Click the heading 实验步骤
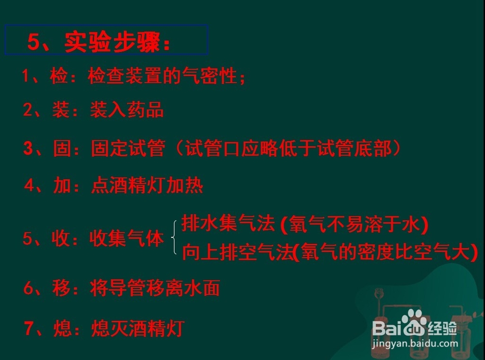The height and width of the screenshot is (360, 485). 113,42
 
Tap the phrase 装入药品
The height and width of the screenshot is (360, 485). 127,110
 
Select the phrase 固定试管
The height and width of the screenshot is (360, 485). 128,148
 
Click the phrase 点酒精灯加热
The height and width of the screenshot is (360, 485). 147,185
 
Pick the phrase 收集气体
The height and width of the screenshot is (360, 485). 127,238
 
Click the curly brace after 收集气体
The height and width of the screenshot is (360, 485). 174,237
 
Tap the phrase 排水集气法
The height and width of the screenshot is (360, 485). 228,223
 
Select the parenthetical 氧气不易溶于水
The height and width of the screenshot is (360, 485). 355,224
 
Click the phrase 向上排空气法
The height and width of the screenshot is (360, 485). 238,251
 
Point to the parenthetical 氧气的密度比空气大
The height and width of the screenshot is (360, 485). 385,251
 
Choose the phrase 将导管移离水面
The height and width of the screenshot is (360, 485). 155,288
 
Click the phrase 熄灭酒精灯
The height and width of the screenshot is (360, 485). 138,328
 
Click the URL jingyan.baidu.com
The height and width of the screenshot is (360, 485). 415,344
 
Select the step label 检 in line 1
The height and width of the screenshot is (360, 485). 59,76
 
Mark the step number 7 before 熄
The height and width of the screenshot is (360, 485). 29,328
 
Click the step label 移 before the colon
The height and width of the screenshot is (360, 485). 61,288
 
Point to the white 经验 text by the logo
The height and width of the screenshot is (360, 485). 442,328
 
